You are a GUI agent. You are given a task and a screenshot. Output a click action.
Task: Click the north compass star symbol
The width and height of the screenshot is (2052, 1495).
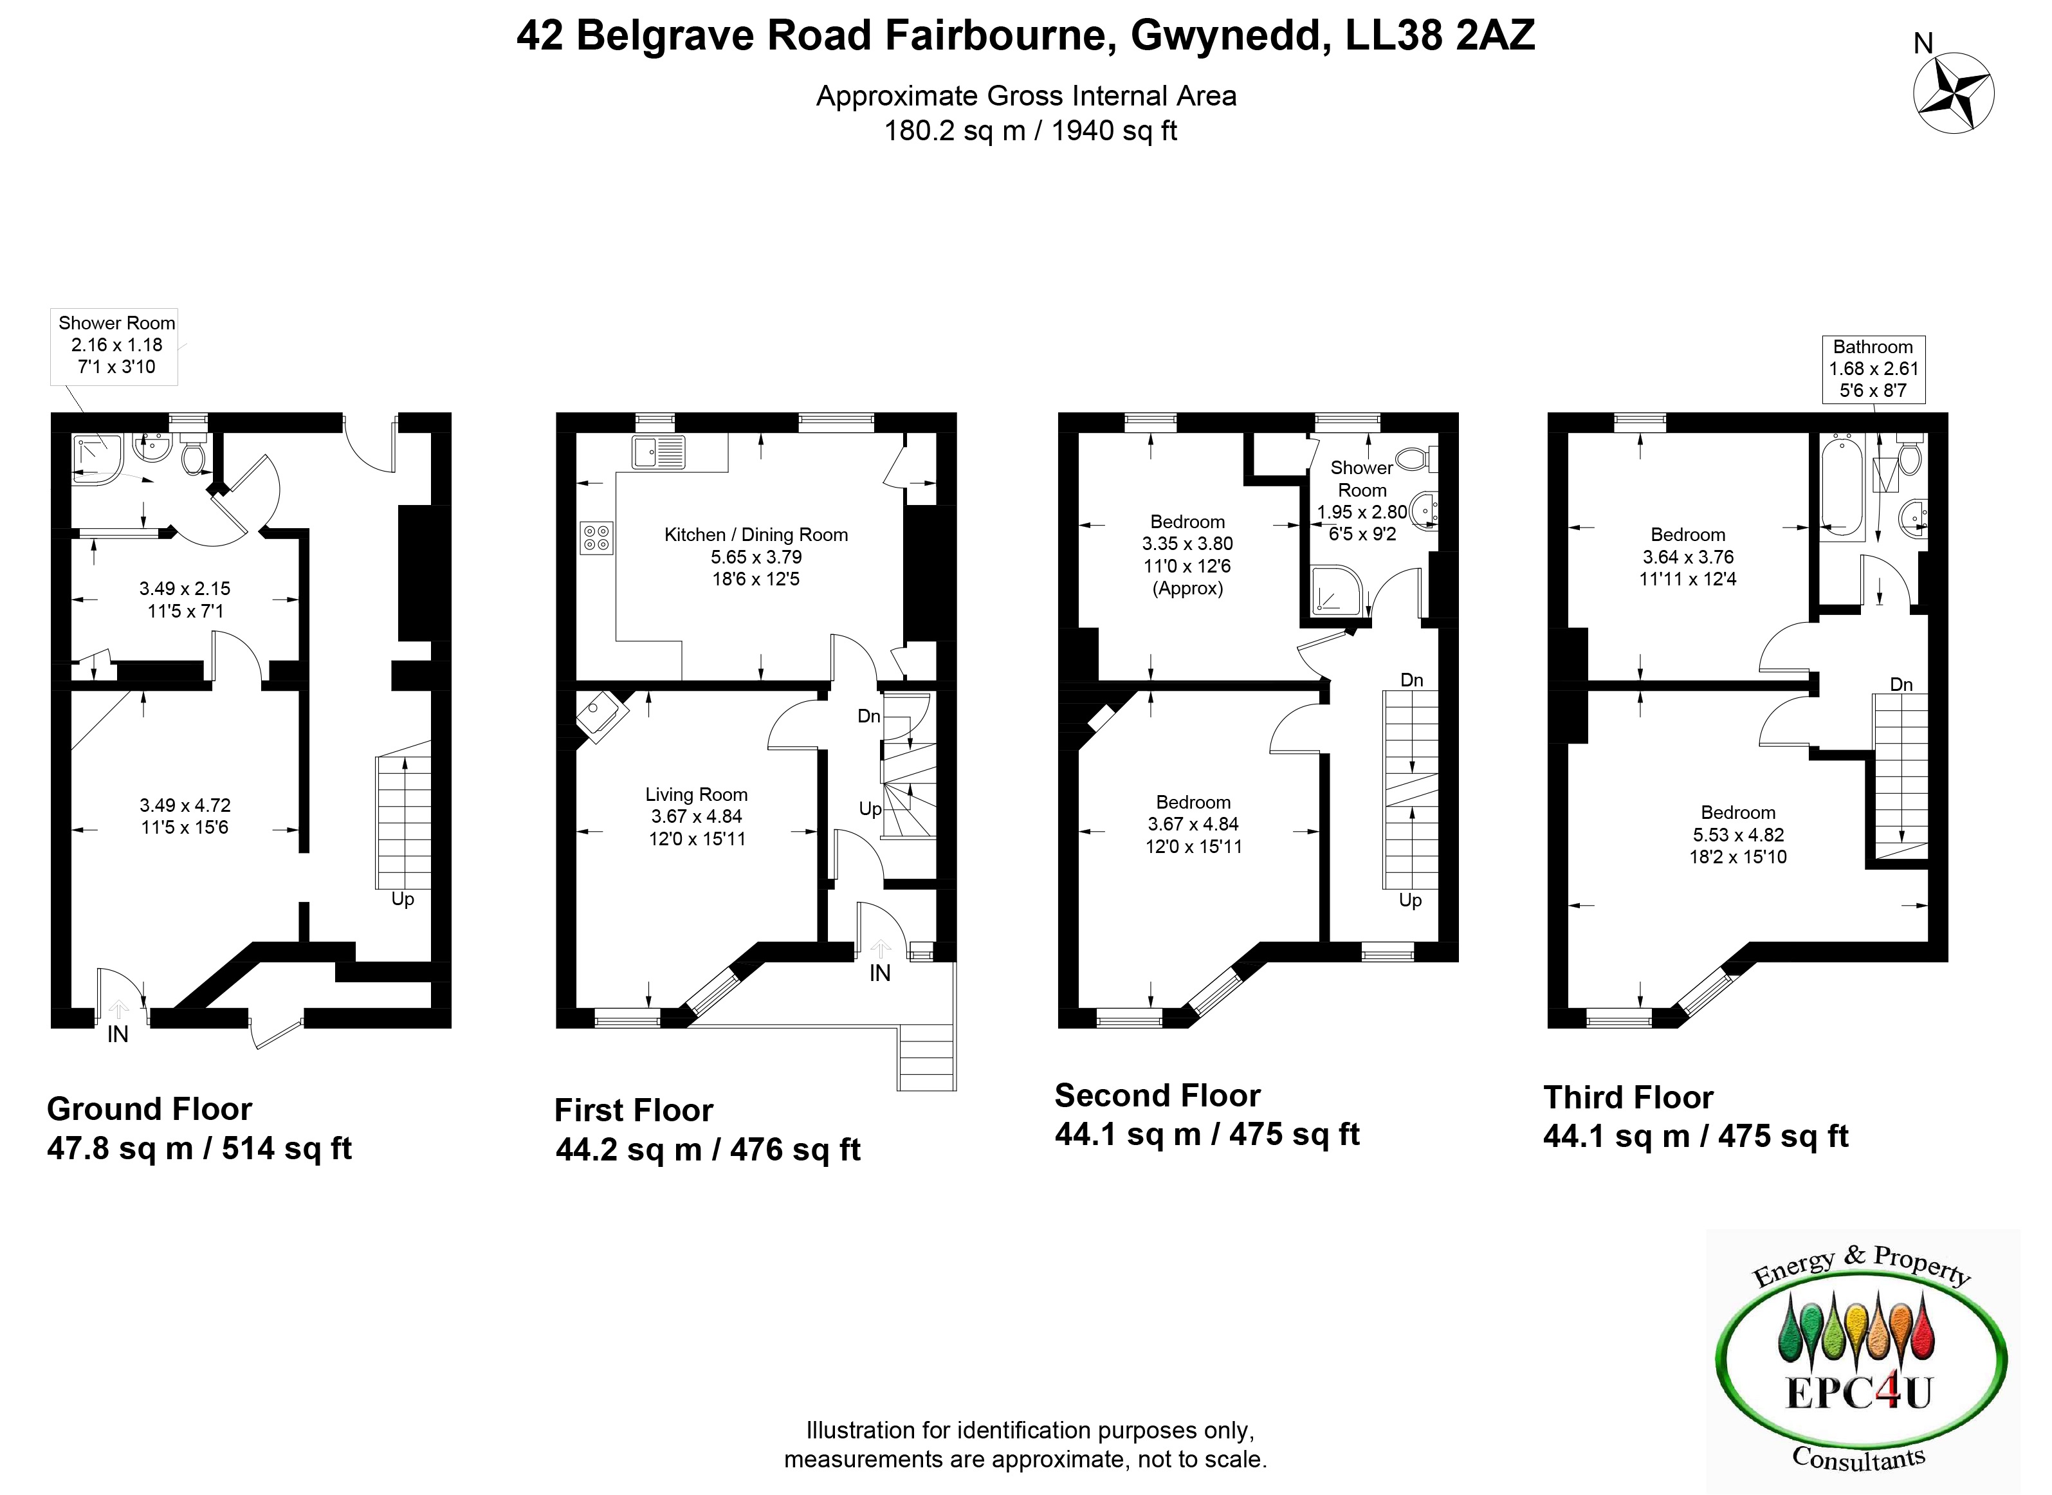[x=1954, y=93]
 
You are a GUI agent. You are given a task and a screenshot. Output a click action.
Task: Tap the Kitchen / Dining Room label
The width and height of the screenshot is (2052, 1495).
[x=755, y=535]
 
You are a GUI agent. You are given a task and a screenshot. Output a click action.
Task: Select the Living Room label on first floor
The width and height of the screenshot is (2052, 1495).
[x=696, y=794]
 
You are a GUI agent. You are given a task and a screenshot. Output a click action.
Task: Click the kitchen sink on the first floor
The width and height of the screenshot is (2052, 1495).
[x=659, y=452]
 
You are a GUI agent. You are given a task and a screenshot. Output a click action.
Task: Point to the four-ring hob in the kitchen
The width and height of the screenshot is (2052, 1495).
[x=597, y=538]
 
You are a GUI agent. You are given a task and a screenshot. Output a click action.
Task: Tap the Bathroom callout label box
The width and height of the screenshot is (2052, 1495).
[x=1873, y=369]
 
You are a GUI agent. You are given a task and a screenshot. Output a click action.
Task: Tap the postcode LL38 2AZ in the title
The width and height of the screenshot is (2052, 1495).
[x=1440, y=36]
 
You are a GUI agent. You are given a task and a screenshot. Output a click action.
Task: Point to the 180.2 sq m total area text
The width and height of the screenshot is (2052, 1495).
[x=955, y=131]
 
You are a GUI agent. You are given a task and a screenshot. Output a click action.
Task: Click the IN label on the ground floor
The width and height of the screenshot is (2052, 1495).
[x=118, y=1034]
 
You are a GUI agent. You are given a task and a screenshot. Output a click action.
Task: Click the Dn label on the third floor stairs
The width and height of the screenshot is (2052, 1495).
[x=1902, y=684]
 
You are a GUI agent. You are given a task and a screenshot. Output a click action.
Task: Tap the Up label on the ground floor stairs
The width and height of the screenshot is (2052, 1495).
[x=403, y=899]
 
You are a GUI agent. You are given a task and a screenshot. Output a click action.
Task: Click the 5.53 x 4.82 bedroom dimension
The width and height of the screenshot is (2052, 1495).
[x=1738, y=834]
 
